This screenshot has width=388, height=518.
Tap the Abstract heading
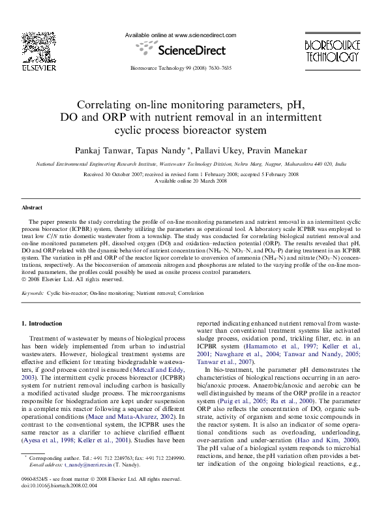(32, 207)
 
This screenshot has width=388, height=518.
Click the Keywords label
(33, 294)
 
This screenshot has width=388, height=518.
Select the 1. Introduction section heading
(42, 324)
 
